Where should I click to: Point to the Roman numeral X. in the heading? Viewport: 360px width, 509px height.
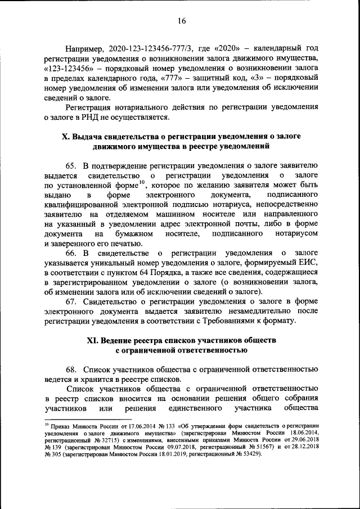tap(65, 137)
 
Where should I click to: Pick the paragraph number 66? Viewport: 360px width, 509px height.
tap(71, 253)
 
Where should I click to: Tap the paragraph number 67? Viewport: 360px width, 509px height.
tap(71, 301)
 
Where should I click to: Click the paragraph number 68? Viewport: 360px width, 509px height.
tap(71, 369)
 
